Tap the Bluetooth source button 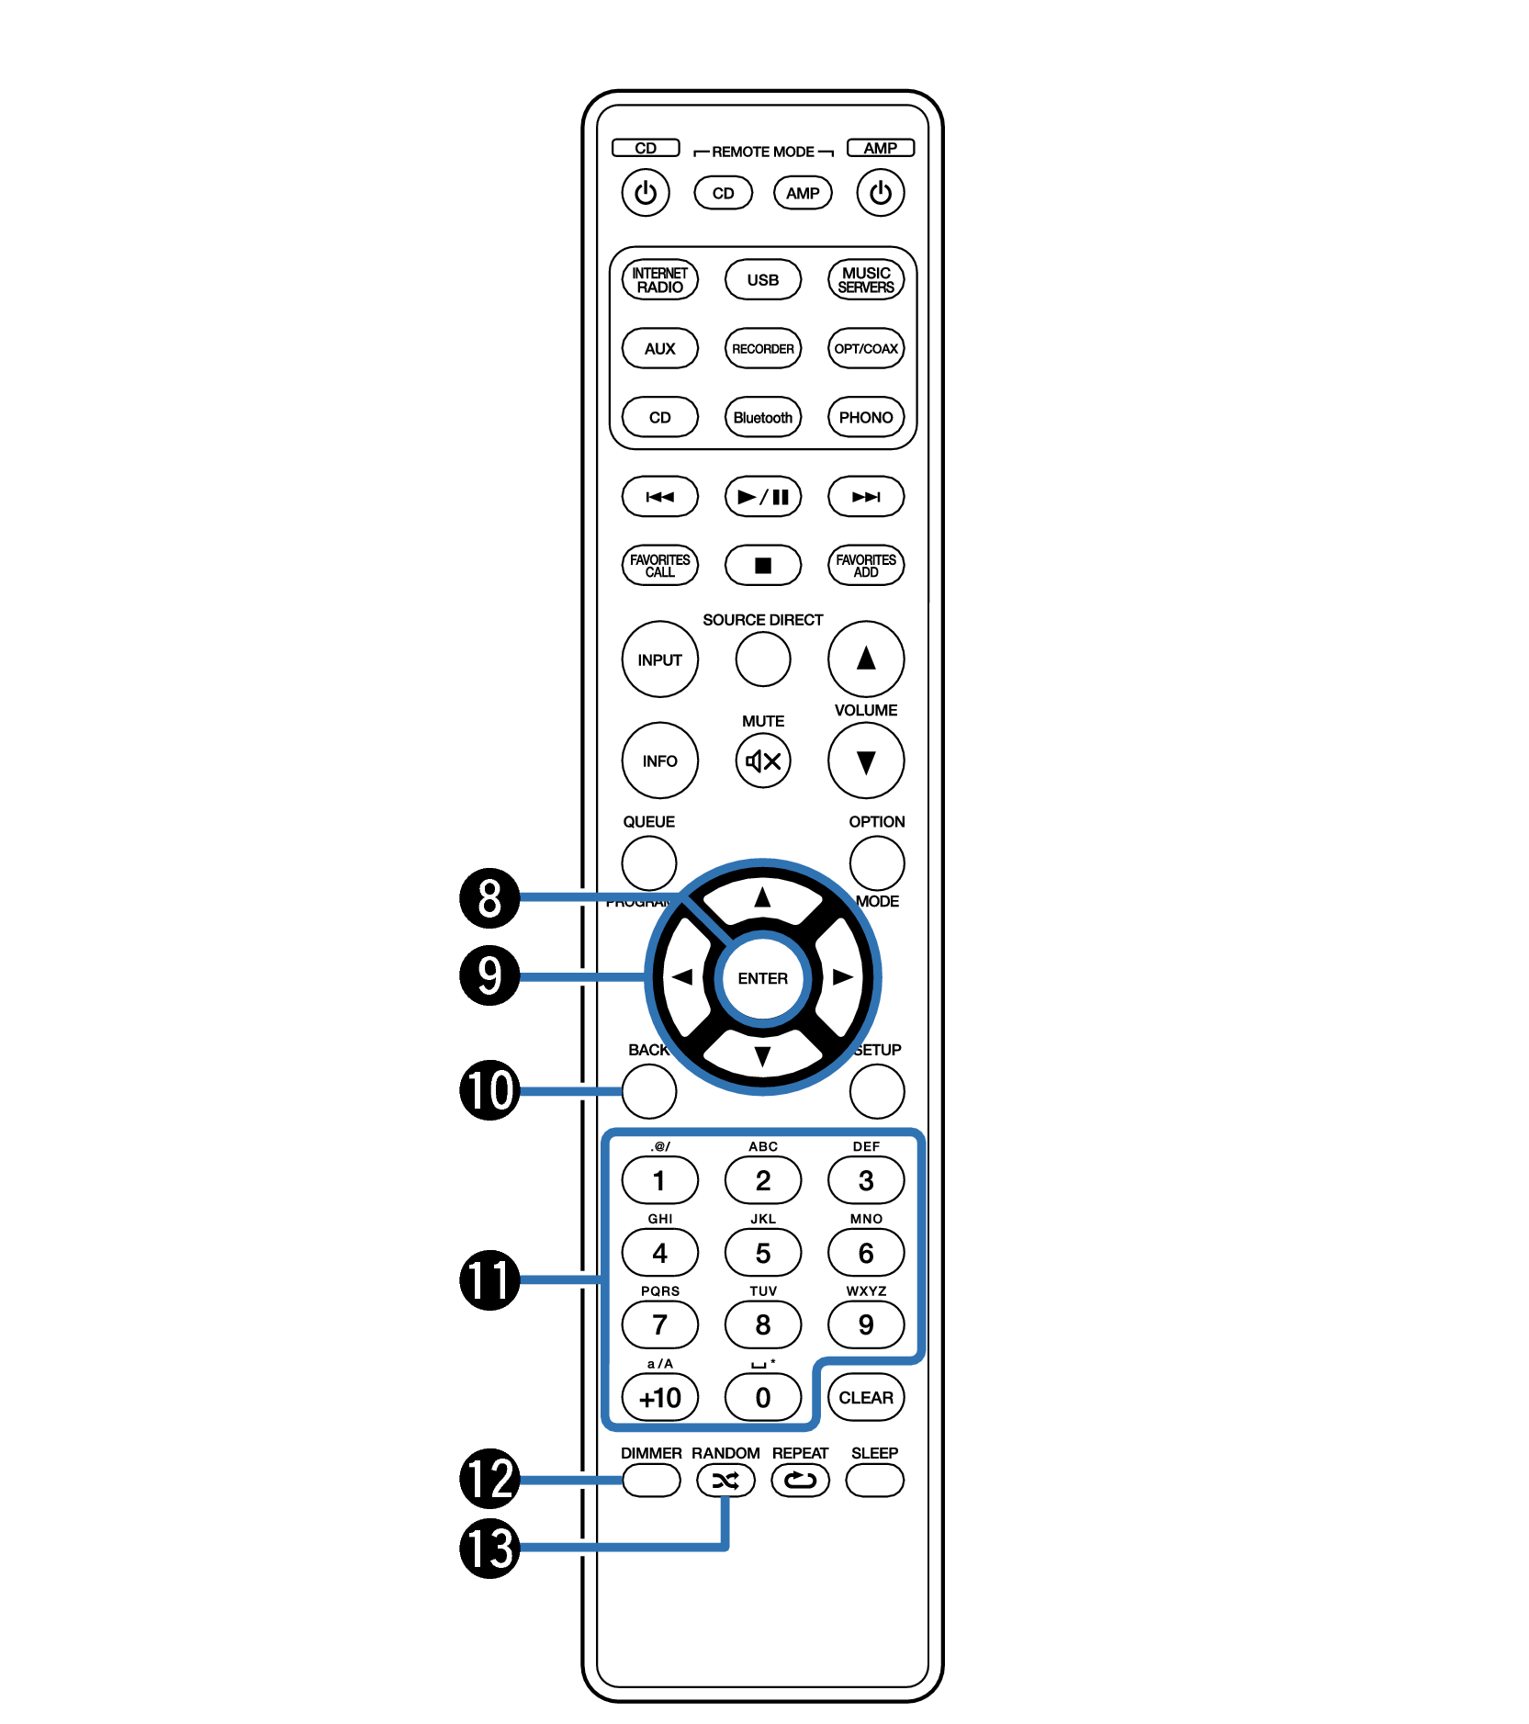pyautogui.click(x=762, y=417)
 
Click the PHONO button pyautogui.click(x=865, y=417)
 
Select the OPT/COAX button pyautogui.click(x=865, y=348)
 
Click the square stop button pyautogui.click(x=762, y=565)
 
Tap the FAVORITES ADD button pyautogui.click(x=865, y=565)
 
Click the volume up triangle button pyautogui.click(x=865, y=659)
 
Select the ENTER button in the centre pyautogui.click(x=762, y=978)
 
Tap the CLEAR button pyautogui.click(x=865, y=1397)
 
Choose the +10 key pyautogui.click(x=659, y=1397)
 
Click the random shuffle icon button pyautogui.click(x=725, y=1480)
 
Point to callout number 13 pyautogui.click(x=489, y=1548)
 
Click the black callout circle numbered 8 pyautogui.click(x=489, y=897)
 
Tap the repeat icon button pyautogui.click(x=800, y=1480)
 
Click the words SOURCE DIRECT pyautogui.click(x=762, y=620)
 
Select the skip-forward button pyautogui.click(x=865, y=497)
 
